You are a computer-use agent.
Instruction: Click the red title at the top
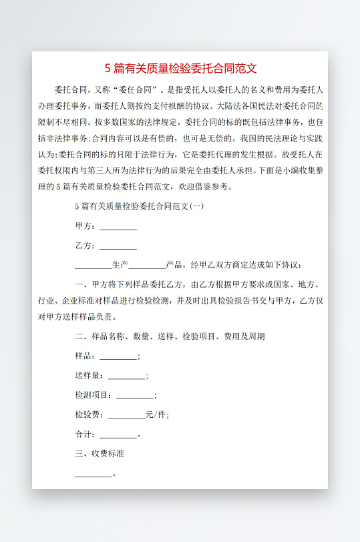click(x=180, y=68)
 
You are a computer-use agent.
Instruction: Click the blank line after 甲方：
click(x=118, y=226)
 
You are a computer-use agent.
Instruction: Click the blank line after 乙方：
click(x=118, y=246)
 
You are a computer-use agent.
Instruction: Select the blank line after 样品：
click(x=118, y=356)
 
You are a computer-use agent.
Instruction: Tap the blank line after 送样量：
click(x=126, y=376)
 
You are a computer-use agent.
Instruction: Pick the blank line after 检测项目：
click(x=135, y=395)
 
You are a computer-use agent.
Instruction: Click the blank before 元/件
click(x=126, y=415)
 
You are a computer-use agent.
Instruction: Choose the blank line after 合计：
click(x=118, y=435)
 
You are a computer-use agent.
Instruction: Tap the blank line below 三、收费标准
click(x=94, y=474)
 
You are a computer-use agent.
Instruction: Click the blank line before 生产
click(x=94, y=265)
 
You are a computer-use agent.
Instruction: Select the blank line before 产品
click(x=147, y=265)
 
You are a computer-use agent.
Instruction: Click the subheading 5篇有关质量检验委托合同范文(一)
click(x=139, y=206)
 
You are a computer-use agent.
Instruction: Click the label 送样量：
click(x=91, y=376)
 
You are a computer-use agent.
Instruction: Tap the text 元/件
click(x=156, y=415)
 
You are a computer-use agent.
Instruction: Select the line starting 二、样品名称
click(x=170, y=336)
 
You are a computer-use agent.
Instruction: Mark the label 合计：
click(x=86, y=435)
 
